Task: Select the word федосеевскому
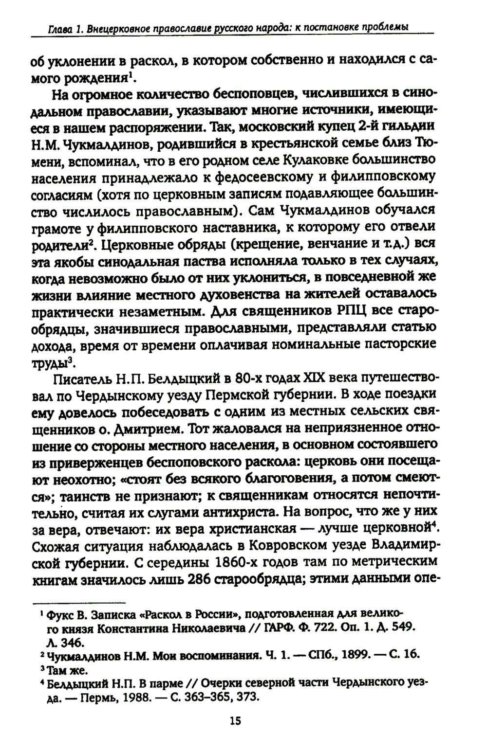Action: pyautogui.click(x=265, y=177)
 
